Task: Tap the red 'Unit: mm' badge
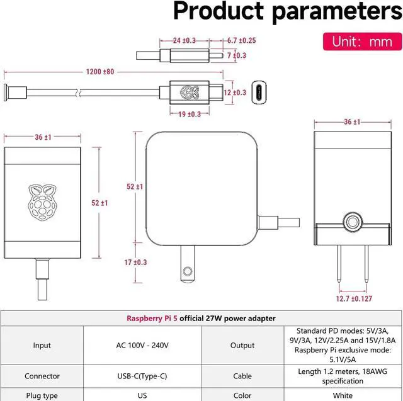point(361,42)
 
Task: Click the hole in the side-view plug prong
point(186,271)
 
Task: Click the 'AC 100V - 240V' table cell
point(142,345)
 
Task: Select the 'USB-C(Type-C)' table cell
point(142,376)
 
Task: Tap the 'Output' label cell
point(242,345)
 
